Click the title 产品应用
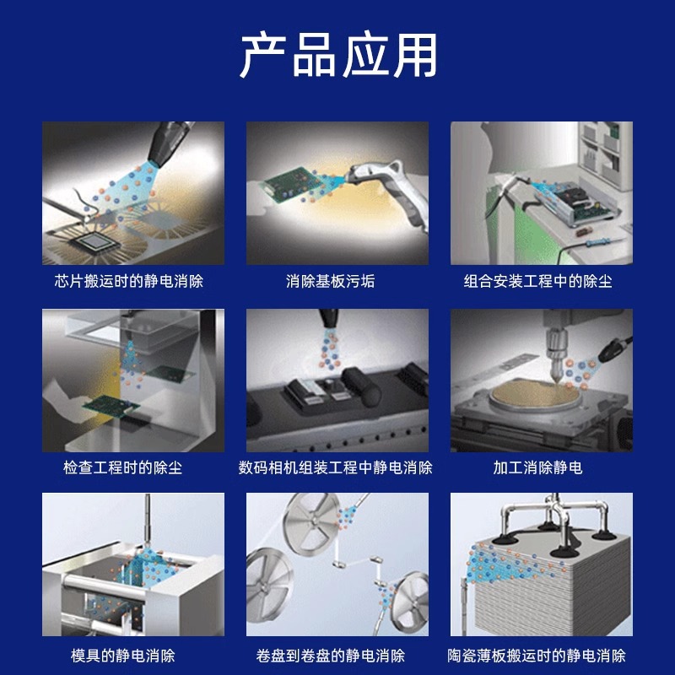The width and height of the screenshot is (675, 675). [x=337, y=57]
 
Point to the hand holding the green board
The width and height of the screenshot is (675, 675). [x=67, y=397]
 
